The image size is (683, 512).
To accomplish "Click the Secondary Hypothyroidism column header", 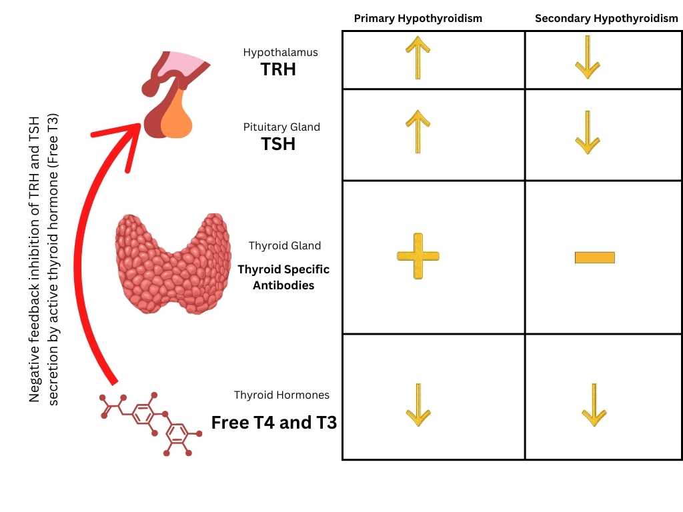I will (x=606, y=18).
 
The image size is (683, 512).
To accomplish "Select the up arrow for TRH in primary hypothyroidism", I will (x=418, y=57).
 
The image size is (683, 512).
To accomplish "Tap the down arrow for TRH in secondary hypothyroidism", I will (x=587, y=57).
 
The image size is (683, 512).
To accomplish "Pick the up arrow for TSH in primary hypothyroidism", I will (x=418, y=132).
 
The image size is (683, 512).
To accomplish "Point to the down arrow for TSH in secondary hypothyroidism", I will (x=587, y=132).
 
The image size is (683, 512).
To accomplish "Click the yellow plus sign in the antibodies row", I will (x=418, y=256).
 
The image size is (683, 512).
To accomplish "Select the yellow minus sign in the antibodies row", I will (x=594, y=257).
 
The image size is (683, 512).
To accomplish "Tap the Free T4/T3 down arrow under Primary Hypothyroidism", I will (x=418, y=405).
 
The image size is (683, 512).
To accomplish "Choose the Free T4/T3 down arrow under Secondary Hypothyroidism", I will (x=593, y=405).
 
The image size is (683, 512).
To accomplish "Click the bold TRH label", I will (x=279, y=69).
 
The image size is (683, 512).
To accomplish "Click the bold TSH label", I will (x=279, y=143).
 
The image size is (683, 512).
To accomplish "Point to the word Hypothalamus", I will (x=280, y=52).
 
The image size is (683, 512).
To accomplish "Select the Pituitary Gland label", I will (x=282, y=127).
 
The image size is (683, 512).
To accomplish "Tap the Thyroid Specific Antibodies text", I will (x=283, y=277).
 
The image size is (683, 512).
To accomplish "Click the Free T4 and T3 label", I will (x=273, y=423).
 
